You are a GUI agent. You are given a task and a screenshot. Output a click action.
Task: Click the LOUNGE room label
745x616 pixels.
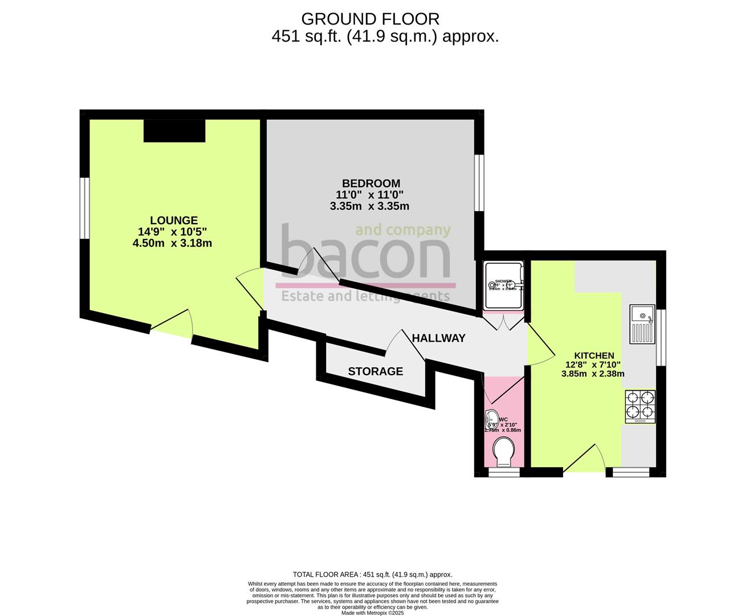tap(174, 220)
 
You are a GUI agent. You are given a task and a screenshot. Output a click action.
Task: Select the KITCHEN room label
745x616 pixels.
tap(593, 355)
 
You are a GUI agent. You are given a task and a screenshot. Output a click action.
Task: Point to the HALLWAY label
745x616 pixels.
tap(438, 338)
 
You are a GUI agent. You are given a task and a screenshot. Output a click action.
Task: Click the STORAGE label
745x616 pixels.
tap(375, 372)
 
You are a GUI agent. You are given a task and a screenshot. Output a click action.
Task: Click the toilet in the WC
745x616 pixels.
tap(503, 453)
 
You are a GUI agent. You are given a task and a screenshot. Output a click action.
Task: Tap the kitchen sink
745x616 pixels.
tap(642, 315)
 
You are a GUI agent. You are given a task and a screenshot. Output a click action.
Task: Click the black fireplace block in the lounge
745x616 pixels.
tap(174, 131)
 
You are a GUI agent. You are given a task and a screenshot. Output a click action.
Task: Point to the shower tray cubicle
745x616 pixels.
tap(502, 286)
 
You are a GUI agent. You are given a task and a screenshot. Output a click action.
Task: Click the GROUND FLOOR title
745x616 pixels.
tap(370, 19)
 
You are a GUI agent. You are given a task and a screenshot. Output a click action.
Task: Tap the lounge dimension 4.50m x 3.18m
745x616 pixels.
tap(172, 244)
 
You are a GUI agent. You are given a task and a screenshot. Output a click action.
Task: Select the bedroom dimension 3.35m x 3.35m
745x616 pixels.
tap(369, 206)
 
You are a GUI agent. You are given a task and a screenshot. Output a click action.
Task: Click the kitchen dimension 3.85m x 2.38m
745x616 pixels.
tap(593, 374)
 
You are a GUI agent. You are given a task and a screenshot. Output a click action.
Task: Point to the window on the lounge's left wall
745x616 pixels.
tap(84, 208)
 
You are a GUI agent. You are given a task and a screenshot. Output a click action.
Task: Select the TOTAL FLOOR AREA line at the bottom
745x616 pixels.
tap(372, 574)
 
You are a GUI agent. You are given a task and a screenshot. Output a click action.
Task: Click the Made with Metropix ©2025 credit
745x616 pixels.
tap(372, 613)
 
